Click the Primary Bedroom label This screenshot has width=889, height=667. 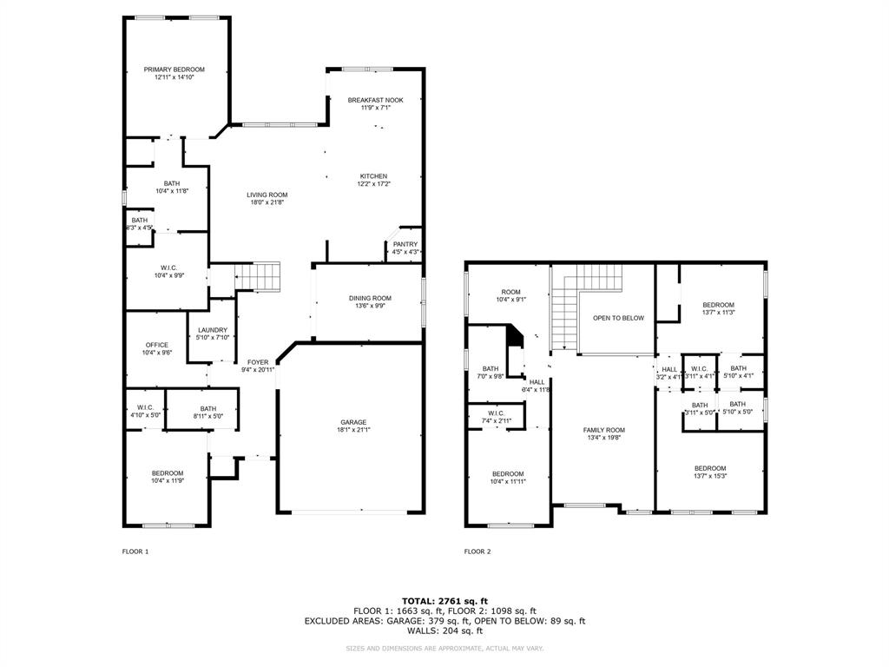(175, 69)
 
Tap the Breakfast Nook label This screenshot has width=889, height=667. (375, 101)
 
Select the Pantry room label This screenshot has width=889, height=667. (405, 244)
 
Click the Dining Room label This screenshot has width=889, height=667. (370, 298)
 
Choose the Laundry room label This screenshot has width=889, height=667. (212, 330)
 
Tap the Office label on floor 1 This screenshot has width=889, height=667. (157, 345)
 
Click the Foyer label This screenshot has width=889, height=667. (258, 362)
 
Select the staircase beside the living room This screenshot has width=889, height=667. (260, 276)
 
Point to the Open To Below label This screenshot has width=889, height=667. (618, 318)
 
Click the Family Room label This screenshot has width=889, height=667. (603, 430)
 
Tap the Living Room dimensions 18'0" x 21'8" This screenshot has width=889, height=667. (267, 202)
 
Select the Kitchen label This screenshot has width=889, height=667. (374, 176)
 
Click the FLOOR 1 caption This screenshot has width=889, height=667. (135, 551)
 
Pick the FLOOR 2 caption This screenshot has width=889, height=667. (477, 551)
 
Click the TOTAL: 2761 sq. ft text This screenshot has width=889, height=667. (444, 600)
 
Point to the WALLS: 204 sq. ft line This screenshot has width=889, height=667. (444, 631)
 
